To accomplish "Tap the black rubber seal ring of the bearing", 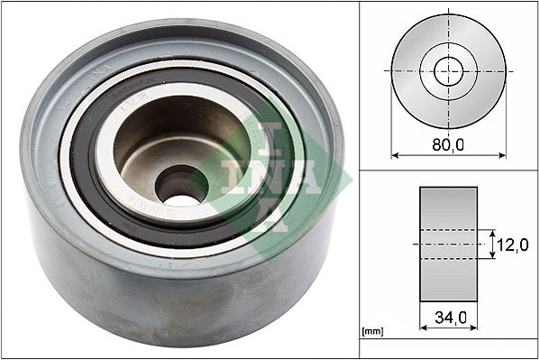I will (x=86, y=171).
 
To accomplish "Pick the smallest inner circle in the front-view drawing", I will (x=448, y=70).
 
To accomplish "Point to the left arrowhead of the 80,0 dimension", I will (x=394, y=155).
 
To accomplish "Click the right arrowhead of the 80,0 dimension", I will (x=502, y=155).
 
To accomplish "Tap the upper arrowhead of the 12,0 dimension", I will (x=492, y=232).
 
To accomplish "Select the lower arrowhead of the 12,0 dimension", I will (x=492, y=256).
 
